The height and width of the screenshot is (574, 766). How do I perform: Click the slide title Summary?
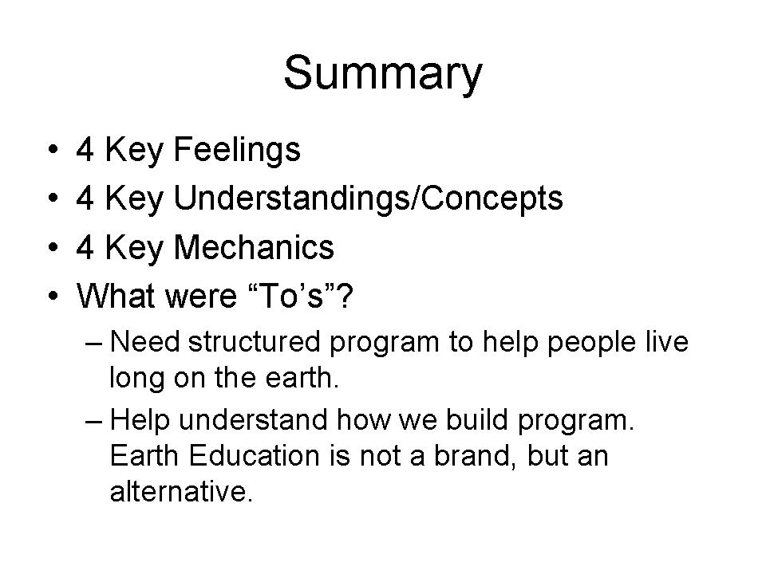point(383,73)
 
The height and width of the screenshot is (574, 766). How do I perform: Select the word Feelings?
point(237,151)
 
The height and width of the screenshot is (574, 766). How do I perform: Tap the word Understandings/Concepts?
point(369,199)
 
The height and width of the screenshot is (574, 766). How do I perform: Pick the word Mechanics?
point(254,247)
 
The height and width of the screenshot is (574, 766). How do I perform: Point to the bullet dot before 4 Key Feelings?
point(53,149)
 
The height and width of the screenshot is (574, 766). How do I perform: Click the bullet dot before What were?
point(53,296)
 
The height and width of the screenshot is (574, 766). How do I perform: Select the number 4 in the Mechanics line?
point(85,247)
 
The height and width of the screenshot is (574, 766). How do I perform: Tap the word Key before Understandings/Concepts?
point(134,199)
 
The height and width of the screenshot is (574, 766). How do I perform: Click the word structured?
point(254,342)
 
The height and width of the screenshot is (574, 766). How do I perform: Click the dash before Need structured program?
point(94,343)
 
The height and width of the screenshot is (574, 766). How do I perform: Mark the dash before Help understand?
point(94,421)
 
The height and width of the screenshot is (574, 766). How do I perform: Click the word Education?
point(254,456)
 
